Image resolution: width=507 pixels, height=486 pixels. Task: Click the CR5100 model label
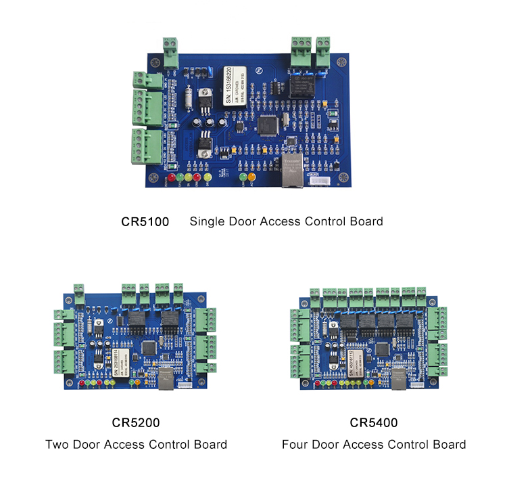(145, 221)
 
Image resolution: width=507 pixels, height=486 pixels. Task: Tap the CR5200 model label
(136, 423)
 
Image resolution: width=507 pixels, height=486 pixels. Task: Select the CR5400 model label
(374, 423)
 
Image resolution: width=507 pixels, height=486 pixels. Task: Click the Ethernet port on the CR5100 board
(292, 173)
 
